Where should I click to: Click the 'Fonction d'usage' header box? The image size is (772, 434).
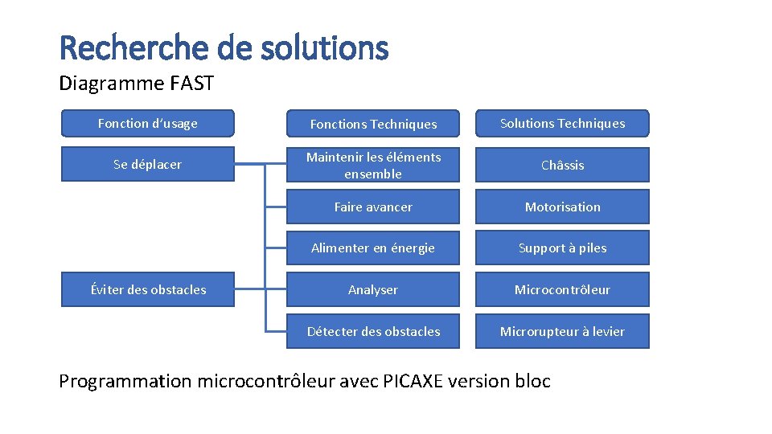(148, 124)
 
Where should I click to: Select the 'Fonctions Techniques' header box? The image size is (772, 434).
(373, 124)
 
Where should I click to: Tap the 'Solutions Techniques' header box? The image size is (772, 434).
(562, 124)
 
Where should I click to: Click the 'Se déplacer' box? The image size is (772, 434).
(148, 165)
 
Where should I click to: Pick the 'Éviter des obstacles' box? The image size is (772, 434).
(148, 289)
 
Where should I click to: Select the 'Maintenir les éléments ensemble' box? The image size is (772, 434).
(373, 165)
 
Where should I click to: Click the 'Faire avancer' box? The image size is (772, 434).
(373, 207)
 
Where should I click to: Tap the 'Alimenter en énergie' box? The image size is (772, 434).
(373, 248)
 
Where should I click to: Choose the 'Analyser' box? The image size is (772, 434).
(373, 289)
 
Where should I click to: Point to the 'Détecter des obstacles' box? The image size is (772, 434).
(373, 331)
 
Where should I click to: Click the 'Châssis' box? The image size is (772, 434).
(562, 165)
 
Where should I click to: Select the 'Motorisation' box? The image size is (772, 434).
(562, 207)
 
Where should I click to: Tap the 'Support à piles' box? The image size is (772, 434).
(562, 248)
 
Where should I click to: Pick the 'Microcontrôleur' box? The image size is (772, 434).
(562, 289)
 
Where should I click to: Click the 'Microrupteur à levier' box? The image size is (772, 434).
(562, 331)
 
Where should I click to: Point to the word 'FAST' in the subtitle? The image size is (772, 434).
(191, 83)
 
